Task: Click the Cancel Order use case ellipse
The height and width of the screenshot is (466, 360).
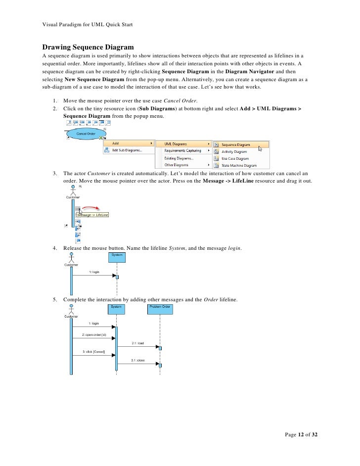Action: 86,134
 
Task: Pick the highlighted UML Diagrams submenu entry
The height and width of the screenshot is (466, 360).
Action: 183,143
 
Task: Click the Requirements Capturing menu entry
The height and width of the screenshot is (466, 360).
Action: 183,150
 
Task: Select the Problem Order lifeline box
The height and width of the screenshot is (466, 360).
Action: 160,307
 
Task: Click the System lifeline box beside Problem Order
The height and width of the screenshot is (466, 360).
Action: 116,307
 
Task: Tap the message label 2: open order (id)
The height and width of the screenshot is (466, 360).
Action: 93,335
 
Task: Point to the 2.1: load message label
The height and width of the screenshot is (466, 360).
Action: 137,343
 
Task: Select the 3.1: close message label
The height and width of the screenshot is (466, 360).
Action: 137,360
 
